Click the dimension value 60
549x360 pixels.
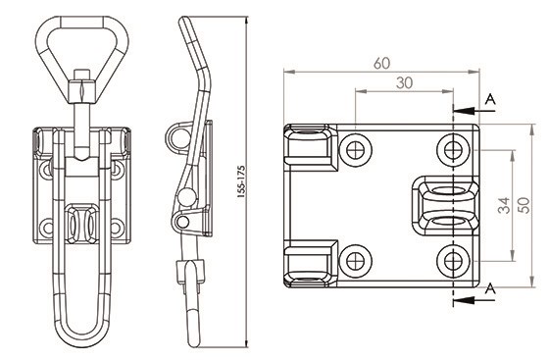pyautogui.click(x=381, y=64)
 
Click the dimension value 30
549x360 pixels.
pyautogui.click(x=404, y=83)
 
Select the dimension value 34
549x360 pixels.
pyautogui.click(x=504, y=206)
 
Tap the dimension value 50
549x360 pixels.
pyautogui.click(x=524, y=206)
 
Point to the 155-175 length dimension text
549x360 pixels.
pyautogui.click(x=241, y=181)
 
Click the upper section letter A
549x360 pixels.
pyautogui.click(x=490, y=100)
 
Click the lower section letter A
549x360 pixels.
pyautogui.click(x=490, y=289)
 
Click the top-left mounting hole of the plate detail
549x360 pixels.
pyautogui.click(x=355, y=150)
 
